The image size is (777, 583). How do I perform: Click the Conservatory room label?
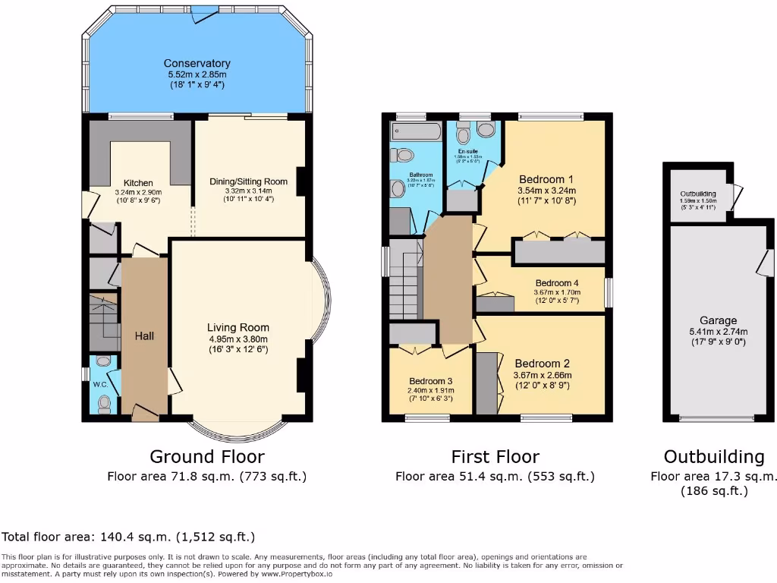click(197, 64)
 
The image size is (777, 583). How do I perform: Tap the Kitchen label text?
click(138, 183)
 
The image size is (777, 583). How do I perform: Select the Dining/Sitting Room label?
click(249, 181)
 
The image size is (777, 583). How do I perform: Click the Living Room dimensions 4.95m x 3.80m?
click(239, 339)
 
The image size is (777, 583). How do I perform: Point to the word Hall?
click(144, 335)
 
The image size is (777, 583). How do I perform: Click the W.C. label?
click(100, 383)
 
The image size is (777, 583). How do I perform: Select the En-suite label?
click(467, 151)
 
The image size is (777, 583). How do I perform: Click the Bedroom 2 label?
click(542, 363)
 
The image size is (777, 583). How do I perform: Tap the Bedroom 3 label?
click(430, 381)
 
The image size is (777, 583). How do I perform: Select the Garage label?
click(718, 321)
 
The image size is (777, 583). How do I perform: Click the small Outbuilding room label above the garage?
click(697, 194)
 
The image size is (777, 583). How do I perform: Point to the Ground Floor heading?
click(206, 456)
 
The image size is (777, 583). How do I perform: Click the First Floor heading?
click(495, 456)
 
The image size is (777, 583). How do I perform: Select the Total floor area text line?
click(127, 537)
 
